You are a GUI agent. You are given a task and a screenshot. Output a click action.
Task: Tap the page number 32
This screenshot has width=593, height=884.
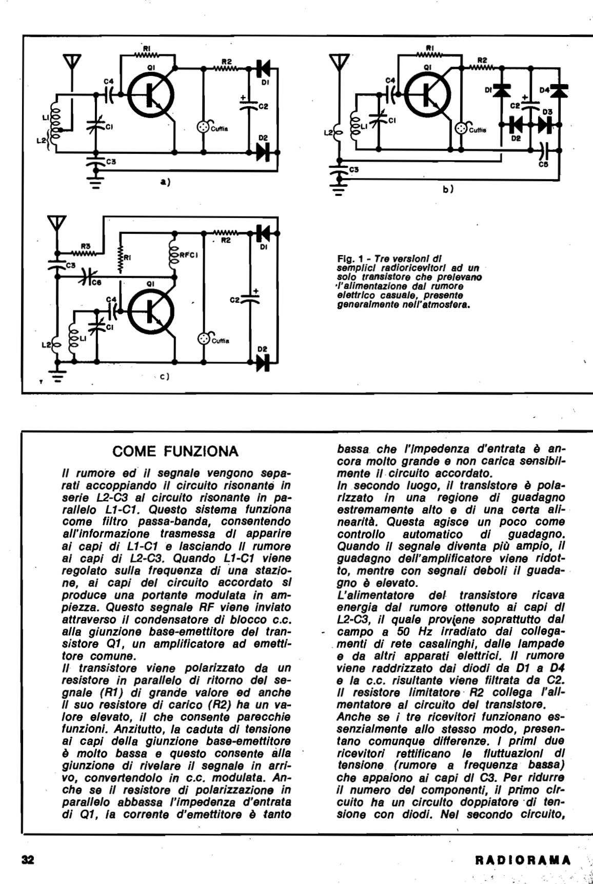[27, 859]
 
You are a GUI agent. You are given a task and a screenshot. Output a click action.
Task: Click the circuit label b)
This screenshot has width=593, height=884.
[447, 189]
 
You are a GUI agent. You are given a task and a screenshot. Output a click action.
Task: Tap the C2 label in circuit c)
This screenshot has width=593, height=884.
[234, 300]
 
